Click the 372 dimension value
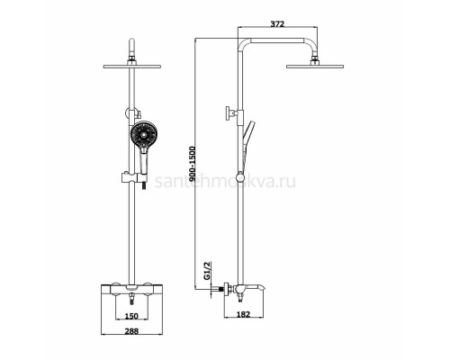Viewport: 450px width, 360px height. pyautogui.click(x=277, y=24)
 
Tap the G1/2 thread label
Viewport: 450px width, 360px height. pyautogui.click(x=207, y=271)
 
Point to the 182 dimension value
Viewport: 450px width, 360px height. pyautogui.click(x=243, y=314)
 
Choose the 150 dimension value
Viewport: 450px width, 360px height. pyautogui.click(x=131, y=316)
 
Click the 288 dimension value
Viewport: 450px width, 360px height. pyautogui.click(x=131, y=331)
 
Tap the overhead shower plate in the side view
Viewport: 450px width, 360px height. pyautogui.click(x=315, y=67)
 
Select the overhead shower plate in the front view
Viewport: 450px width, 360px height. pyautogui.click(x=132, y=67)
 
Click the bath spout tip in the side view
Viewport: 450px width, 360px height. pyautogui.click(x=263, y=289)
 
